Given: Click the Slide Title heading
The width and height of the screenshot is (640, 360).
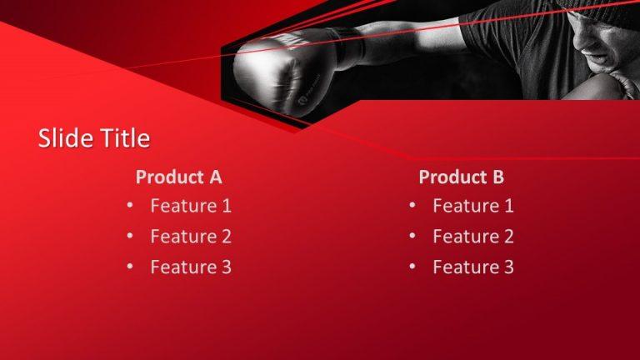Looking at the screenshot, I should (x=94, y=138).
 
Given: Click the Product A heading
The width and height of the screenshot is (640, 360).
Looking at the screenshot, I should (x=178, y=177).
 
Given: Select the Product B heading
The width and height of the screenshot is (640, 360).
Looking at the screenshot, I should (x=461, y=177).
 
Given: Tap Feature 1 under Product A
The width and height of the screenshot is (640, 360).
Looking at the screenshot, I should (x=191, y=205).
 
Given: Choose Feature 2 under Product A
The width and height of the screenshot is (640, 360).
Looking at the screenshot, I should (x=191, y=236).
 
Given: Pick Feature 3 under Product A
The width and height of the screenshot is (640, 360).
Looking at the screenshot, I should (x=191, y=267).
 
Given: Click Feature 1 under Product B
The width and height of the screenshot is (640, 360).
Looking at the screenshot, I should (x=473, y=205).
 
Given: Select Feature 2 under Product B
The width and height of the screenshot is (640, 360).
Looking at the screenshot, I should (x=473, y=236).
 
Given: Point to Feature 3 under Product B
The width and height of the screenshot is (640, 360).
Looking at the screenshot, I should (x=473, y=267).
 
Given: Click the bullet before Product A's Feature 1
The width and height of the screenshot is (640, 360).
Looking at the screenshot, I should (x=130, y=205).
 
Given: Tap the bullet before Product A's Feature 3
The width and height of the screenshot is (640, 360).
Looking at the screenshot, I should (x=130, y=267).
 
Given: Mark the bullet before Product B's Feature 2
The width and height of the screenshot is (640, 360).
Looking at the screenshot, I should (x=412, y=236).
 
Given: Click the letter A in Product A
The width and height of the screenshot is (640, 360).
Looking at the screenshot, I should (x=215, y=177).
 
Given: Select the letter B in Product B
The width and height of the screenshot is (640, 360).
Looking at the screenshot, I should (x=497, y=177).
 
